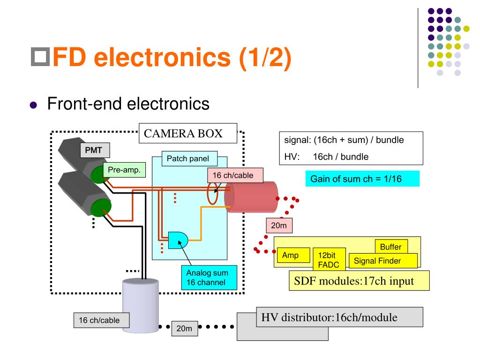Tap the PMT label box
[94, 150]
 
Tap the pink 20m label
[279, 225]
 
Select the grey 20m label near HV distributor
[184, 329]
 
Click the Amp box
[293, 255]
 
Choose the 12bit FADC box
[329, 259]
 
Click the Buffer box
[390, 247]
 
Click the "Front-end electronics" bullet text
[128, 104]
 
